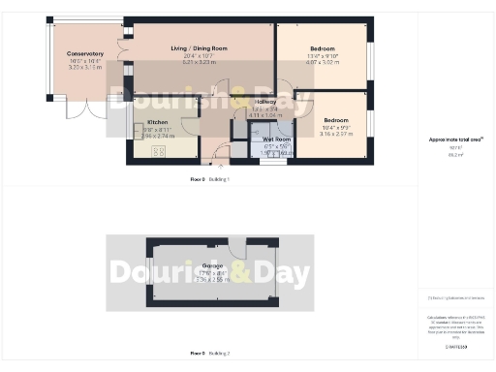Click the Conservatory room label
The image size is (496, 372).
(x=85, y=53)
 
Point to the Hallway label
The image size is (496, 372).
(x=265, y=101)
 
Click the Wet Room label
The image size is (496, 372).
(x=277, y=139)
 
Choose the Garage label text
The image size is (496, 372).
(x=212, y=264)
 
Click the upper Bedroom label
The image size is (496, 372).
(x=323, y=48)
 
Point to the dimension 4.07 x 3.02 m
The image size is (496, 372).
(x=323, y=64)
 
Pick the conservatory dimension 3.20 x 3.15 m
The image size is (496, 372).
(x=85, y=69)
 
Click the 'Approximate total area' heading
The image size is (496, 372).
(x=456, y=139)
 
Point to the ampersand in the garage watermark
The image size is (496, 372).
(x=238, y=272)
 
